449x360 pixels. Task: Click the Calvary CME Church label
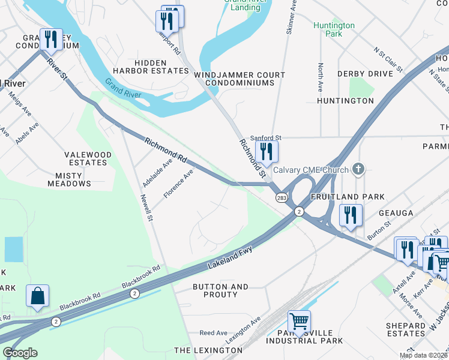311,170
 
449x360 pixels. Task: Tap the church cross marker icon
358,169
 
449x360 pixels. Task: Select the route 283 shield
281,197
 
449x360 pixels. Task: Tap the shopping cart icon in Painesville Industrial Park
299,321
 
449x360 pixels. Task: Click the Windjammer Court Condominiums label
240,79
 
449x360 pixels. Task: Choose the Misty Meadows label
73,179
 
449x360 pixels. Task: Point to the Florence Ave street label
179,184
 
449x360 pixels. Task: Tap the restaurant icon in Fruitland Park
350,215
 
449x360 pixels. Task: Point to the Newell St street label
147,207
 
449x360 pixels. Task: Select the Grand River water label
122,88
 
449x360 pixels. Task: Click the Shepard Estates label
406,329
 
